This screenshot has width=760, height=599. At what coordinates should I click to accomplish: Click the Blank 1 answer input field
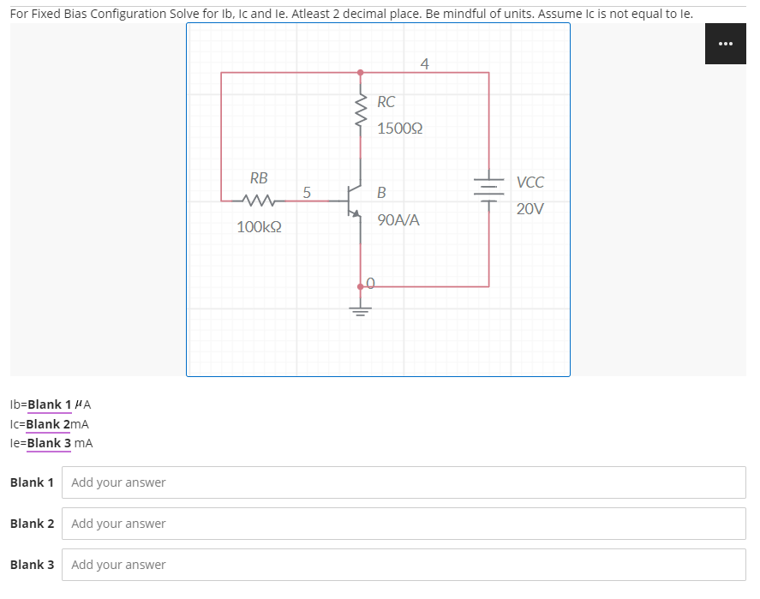pos(403,482)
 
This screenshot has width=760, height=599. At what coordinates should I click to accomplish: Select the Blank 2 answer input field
pos(403,524)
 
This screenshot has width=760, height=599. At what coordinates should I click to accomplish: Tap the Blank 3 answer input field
pos(403,565)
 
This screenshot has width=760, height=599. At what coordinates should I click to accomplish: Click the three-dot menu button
pos(725,45)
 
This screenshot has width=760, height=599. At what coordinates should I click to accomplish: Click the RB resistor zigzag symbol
pos(258,201)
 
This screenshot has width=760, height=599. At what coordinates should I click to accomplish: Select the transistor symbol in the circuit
pos(353,201)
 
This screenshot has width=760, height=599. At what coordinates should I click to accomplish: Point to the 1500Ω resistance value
pos(399,129)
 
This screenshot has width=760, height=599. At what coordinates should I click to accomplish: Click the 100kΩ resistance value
pos(260,228)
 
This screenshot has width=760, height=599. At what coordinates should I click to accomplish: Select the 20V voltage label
pos(530,209)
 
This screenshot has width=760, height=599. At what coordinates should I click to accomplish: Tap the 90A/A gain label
pos(398,220)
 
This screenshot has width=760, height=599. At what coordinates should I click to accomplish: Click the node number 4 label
pos(425,63)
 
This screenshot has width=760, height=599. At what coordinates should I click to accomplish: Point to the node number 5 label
pos(307,191)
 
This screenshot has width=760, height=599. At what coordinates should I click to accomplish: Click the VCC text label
pos(530,183)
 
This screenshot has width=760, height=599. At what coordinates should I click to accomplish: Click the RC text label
pos(386,102)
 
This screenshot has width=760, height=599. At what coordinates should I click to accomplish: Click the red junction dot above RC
pos(361,73)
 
